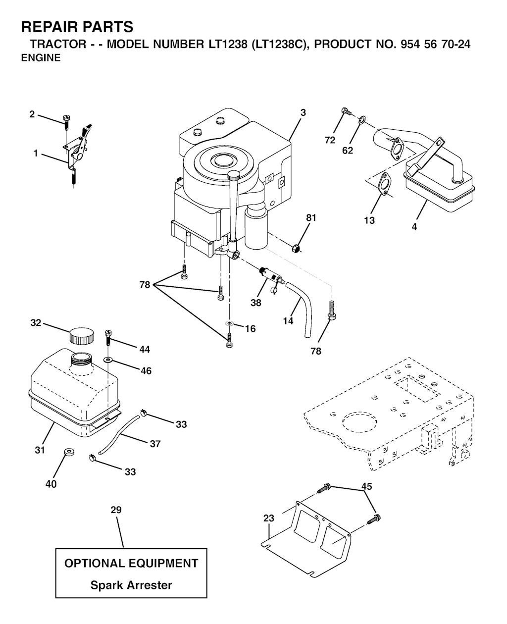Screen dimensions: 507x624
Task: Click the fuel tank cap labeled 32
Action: tap(82, 337)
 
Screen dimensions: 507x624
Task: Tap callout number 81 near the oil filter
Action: tap(311, 218)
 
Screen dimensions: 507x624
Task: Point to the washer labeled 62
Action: tap(362, 119)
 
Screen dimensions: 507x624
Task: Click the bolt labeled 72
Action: tap(346, 111)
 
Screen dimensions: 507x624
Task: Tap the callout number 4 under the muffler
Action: tap(414, 227)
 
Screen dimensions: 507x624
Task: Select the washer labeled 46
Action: tap(108, 359)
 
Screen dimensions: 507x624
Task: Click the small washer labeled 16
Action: tap(230, 323)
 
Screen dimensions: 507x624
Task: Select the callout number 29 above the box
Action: tap(116, 510)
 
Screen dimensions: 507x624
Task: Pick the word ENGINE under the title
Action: tap(41, 58)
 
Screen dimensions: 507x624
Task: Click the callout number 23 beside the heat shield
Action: tap(268, 518)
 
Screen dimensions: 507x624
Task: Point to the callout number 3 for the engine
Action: tap(303, 112)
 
